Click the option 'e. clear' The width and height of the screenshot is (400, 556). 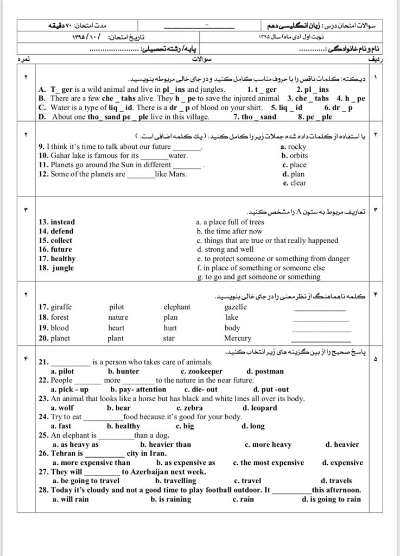tap(294, 183)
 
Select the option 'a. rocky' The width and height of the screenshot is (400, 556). tap(293, 147)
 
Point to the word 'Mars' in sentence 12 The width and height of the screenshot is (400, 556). tap(176, 174)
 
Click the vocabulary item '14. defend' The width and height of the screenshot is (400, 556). tap(56, 231)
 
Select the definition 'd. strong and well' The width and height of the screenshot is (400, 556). tap(225, 250)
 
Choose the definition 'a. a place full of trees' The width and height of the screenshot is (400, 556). tap(230, 222)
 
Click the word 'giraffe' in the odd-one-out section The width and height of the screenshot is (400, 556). tap(61, 307)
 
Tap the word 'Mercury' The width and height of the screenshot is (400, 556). tap(238, 338)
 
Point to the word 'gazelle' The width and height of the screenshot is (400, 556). tap(236, 307)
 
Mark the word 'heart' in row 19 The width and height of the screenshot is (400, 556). tap(116, 328)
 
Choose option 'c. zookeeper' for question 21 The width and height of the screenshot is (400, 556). tap(201, 371)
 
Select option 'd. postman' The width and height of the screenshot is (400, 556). tap(265, 371)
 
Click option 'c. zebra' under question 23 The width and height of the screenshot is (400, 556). tap(189, 408)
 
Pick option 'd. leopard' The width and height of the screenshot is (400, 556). tap(260, 408)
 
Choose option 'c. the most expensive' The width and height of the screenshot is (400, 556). tap(268, 463)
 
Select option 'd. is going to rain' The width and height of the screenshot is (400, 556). tap(331, 499)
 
